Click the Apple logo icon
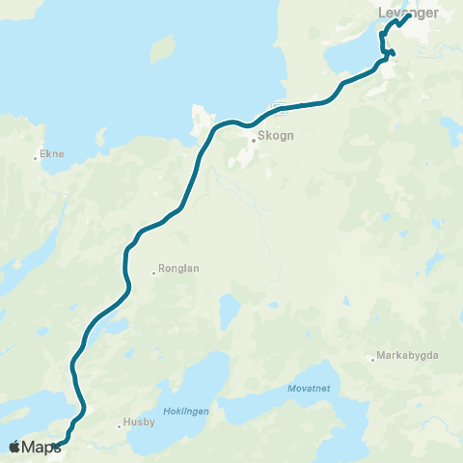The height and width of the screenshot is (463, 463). pyautogui.click(x=14, y=446)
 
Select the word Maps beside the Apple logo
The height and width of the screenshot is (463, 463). pyautogui.click(x=41, y=447)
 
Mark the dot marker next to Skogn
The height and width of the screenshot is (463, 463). pyautogui.click(x=253, y=141)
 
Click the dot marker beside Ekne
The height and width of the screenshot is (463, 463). pyautogui.click(x=35, y=157)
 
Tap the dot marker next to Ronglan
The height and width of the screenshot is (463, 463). pyautogui.click(x=153, y=273)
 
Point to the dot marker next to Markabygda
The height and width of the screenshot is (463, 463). pyautogui.click(x=372, y=360)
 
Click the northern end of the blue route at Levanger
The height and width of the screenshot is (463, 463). pyautogui.click(x=409, y=15)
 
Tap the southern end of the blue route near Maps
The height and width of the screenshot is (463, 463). pyautogui.click(x=56, y=445)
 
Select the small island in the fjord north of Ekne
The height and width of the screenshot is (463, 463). pyautogui.click(x=162, y=48)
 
